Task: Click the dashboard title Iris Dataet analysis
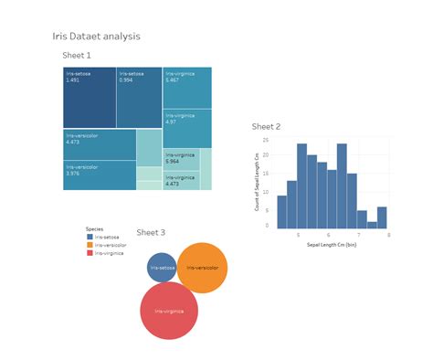pyautogui.click(x=96, y=37)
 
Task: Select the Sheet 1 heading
pyautogui.click(x=77, y=56)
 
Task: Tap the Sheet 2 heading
pyautogui.click(x=266, y=126)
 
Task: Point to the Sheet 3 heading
pyautogui.click(x=151, y=233)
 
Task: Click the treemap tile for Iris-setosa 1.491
pyautogui.click(x=89, y=97)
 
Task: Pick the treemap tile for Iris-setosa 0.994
pyautogui.click(x=139, y=97)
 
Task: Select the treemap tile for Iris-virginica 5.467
pyautogui.click(x=187, y=88)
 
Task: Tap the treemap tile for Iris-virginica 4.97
pyautogui.click(x=187, y=128)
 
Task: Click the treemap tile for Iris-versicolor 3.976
pyautogui.click(x=100, y=175)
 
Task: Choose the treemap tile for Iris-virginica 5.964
pyautogui.click(x=181, y=158)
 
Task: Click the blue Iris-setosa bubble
pyautogui.click(x=162, y=268)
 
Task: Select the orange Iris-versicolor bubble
pyautogui.click(x=202, y=268)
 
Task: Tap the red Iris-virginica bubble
pyautogui.click(x=169, y=311)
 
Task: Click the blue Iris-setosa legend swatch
pyautogui.click(x=90, y=237)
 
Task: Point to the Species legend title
pyautogui.click(x=94, y=228)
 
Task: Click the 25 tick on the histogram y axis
pyautogui.click(x=266, y=141)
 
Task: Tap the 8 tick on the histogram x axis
pyautogui.click(x=389, y=236)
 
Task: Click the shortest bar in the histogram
pyautogui.click(x=372, y=222)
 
